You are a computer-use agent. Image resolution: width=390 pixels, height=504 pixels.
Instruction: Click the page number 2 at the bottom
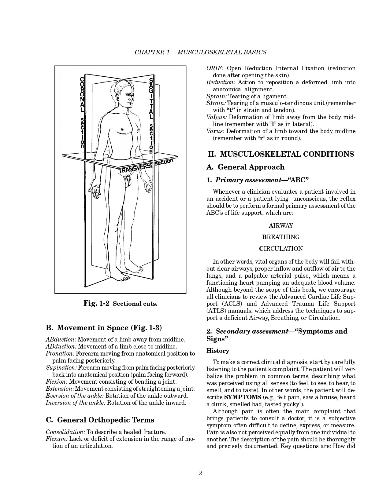click(200, 473)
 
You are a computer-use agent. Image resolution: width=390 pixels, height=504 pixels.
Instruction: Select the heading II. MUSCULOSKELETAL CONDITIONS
click(281, 154)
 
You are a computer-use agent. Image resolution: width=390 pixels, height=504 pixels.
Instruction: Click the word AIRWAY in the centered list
click(281, 226)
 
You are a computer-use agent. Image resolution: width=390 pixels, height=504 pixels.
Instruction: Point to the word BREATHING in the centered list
click(281, 237)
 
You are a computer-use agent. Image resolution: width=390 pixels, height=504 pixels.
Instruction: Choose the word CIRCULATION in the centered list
click(281, 249)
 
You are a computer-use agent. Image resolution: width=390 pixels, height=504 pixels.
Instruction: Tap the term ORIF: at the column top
click(215, 68)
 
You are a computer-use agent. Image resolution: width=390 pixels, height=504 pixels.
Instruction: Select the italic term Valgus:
click(217, 117)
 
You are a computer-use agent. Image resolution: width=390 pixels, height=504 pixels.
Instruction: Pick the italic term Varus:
click(216, 131)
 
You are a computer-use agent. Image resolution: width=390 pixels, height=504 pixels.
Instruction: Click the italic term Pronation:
click(60, 354)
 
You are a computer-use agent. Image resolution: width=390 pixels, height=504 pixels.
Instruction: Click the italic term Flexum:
click(57, 439)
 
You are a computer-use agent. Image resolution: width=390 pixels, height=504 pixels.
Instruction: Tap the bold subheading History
click(218, 351)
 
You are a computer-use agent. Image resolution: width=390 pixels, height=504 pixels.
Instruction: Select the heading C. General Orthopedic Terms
click(100, 420)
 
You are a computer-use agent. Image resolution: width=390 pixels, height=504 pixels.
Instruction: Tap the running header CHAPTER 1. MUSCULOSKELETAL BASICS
click(200, 52)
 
